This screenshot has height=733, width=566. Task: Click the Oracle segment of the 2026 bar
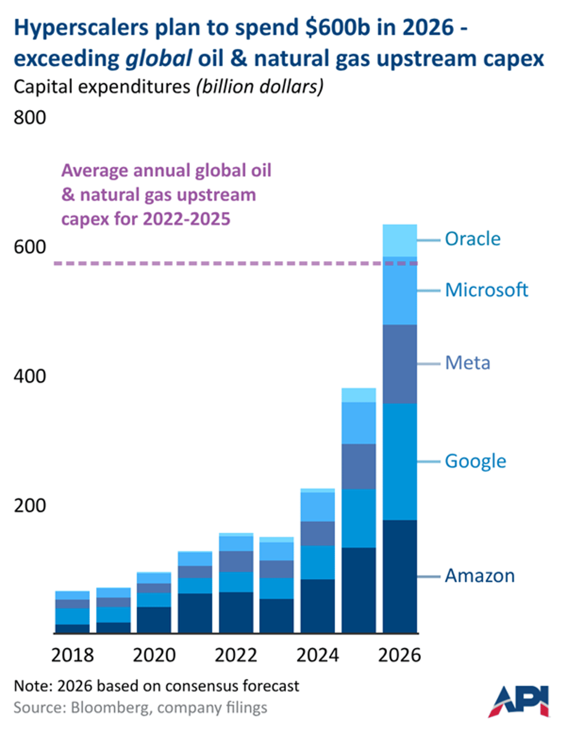(x=400, y=240)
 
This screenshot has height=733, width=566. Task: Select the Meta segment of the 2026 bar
(x=400, y=364)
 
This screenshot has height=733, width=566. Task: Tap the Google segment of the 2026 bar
(x=400, y=461)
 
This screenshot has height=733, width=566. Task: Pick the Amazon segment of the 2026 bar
(x=400, y=576)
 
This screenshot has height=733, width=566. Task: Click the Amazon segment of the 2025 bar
(x=358, y=590)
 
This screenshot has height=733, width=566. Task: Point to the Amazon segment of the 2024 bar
(x=317, y=606)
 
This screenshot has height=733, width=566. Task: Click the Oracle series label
(x=473, y=239)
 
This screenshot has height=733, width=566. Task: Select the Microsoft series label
(x=486, y=290)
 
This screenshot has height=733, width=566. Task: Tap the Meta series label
(x=467, y=363)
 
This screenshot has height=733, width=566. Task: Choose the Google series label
(x=475, y=461)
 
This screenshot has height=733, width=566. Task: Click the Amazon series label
(x=480, y=576)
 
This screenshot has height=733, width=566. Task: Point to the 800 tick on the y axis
(x=30, y=117)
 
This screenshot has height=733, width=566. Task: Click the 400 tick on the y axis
(x=30, y=376)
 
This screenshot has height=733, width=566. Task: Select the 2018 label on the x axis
(x=72, y=655)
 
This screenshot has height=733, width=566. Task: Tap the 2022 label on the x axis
(x=236, y=655)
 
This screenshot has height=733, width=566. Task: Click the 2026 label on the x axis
(x=400, y=655)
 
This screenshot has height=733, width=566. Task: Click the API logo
(x=519, y=701)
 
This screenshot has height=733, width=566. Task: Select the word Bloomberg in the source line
(x=109, y=708)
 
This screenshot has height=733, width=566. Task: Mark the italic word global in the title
(x=158, y=59)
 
